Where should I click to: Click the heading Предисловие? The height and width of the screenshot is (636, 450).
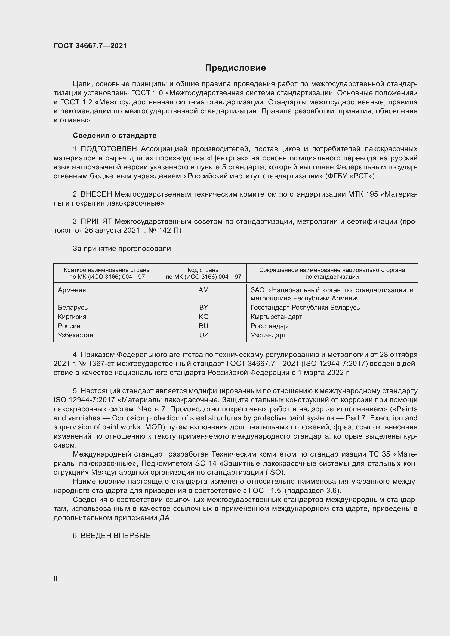[x=235, y=68]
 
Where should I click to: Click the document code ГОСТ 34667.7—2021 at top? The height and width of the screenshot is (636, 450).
[x=90, y=46]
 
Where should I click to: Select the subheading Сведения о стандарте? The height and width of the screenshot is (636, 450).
[x=115, y=135]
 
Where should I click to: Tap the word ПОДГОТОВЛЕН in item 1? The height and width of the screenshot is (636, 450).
[x=109, y=149]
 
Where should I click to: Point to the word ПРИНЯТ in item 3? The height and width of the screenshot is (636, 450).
[x=96, y=221]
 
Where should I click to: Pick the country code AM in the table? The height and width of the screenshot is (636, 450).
[x=204, y=290]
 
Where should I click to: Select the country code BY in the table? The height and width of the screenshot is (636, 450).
[x=204, y=308]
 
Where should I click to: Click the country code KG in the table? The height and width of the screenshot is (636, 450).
[x=204, y=317]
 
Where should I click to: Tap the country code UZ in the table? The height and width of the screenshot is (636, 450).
[x=204, y=335]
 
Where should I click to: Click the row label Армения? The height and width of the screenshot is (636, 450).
[x=72, y=290]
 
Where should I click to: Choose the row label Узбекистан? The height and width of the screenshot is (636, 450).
[x=75, y=335]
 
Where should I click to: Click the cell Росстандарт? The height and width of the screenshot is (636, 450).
[x=270, y=326]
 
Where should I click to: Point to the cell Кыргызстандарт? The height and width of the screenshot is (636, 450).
[x=276, y=317]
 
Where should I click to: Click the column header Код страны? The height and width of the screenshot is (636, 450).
[x=204, y=270]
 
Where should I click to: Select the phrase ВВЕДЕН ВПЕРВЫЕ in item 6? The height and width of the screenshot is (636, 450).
[x=116, y=536]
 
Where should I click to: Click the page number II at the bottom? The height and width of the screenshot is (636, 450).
[x=56, y=578]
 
